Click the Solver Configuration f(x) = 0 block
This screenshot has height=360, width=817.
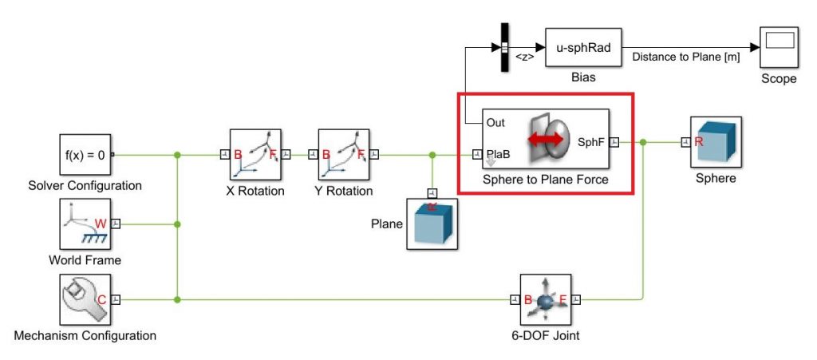(x=85, y=155)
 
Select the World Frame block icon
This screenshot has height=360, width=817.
(x=85, y=224)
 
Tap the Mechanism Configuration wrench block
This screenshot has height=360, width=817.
(x=85, y=299)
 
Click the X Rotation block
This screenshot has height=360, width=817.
(x=255, y=155)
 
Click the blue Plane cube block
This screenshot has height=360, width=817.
(x=432, y=224)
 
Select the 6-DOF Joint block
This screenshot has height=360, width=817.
(x=547, y=300)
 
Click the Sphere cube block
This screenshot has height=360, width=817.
(x=716, y=142)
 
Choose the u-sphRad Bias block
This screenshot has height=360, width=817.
(x=583, y=48)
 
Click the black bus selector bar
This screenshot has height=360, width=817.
(x=504, y=47)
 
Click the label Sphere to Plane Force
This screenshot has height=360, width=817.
(x=545, y=180)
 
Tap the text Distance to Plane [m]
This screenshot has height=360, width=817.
(x=685, y=57)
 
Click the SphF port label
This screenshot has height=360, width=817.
(x=590, y=142)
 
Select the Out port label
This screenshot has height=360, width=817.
(x=495, y=123)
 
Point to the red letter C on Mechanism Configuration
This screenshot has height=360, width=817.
(x=101, y=299)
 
